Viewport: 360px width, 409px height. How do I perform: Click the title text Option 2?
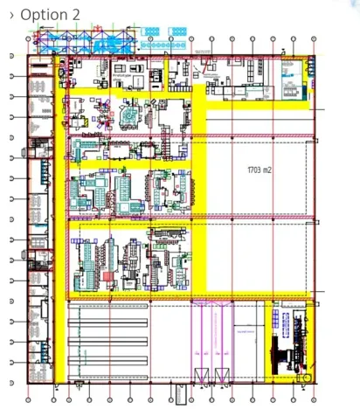[49, 15]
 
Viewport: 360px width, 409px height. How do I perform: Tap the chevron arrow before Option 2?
[11, 16]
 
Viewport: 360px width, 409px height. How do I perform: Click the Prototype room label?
[121, 76]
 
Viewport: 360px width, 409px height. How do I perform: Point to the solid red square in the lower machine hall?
[107, 276]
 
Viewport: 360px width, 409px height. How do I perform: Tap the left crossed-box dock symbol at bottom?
[198, 376]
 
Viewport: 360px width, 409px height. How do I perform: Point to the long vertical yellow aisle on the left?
[60, 218]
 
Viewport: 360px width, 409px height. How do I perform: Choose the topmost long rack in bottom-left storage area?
[110, 308]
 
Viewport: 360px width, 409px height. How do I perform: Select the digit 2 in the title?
[75, 15]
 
